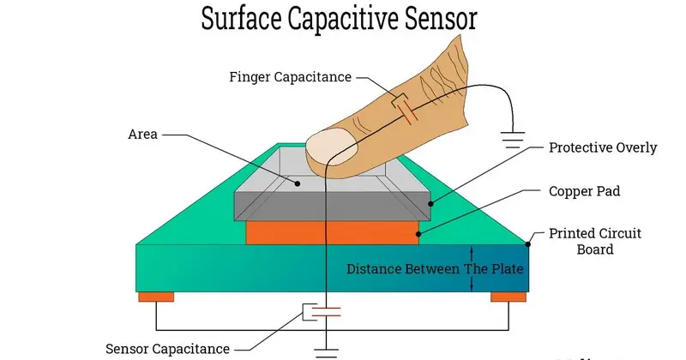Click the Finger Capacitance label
pyautogui.click(x=291, y=77)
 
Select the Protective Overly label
pyautogui.click(x=602, y=147)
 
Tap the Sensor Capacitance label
pyautogui.click(x=167, y=348)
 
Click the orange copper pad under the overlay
pyautogui.click(x=332, y=231)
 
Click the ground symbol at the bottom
pyautogui.click(x=326, y=351)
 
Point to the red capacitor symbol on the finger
pyautogui.click(x=404, y=109)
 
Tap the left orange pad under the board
pyautogui.click(x=156, y=297)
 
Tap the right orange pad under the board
pyautogui.click(x=508, y=297)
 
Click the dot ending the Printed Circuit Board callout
pyautogui.click(x=530, y=243)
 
